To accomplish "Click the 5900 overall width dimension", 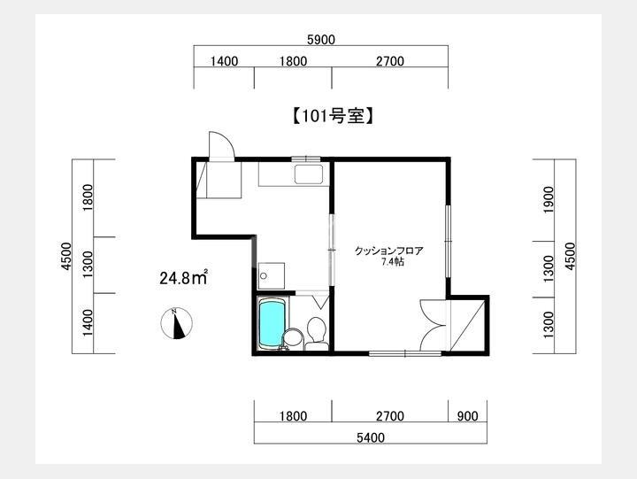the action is pos(321,40).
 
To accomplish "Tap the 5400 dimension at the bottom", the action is pos(371,437).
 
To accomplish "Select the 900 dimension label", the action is pos(467,416).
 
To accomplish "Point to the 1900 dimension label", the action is pos(548,199).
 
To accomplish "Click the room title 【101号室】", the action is pos(333,116).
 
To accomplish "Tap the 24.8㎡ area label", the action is pos(184,277).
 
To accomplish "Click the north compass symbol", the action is pos(176,323).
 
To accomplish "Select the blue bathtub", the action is pos(272,324).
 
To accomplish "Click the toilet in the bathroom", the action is pos(316,333).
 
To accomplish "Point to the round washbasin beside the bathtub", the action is pos(293,338).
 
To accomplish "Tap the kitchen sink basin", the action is pos(309,174).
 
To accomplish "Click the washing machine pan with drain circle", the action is pos(272,275).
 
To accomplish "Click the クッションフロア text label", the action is pos(388,251).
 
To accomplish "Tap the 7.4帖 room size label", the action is pos(393,262).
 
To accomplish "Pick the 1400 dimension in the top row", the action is pos(224,61).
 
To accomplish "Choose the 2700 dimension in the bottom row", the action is pos(390,416).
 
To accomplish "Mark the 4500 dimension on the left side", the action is pos(65,256).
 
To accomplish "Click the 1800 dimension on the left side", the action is pos(88,198).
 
